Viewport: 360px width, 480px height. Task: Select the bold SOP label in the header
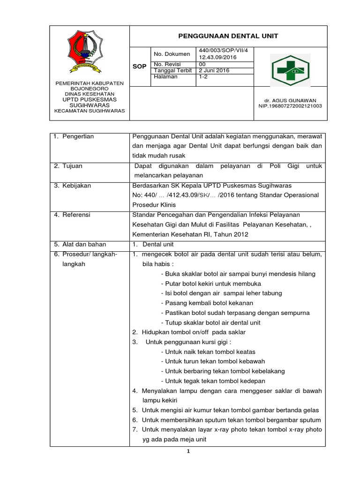click(x=140, y=67)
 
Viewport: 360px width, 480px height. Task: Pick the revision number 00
click(x=202, y=64)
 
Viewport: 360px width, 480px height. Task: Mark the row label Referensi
click(x=75, y=215)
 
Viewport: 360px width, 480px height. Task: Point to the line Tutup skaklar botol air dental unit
click(x=210, y=322)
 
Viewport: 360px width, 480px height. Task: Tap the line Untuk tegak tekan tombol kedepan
click(x=213, y=381)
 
